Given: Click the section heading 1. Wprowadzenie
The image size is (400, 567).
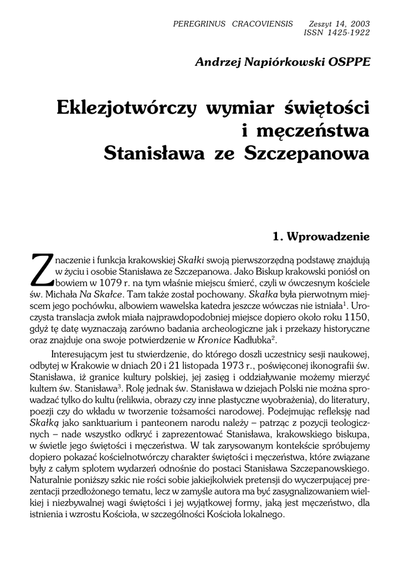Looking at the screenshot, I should pyautogui.click(x=321, y=236).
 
